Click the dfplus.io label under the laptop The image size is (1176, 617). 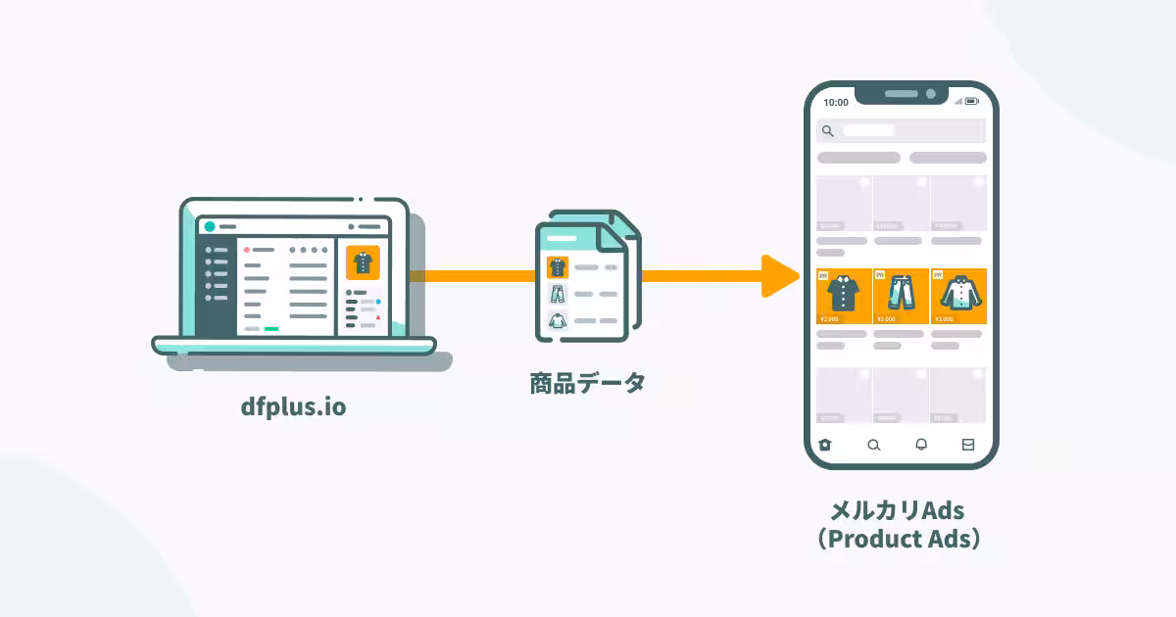click(x=293, y=405)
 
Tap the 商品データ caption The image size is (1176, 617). click(x=588, y=383)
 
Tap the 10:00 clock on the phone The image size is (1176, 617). click(x=836, y=102)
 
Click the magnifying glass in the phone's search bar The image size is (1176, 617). click(x=828, y=130)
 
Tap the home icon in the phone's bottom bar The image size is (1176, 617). click(x=825, y=445)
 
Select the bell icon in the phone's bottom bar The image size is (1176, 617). click(x=921, y=445)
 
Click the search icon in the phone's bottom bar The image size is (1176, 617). click(x=874, y=445)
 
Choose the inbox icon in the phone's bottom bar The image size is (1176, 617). click(x=968, y=445)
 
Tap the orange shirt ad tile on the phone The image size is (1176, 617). click(x=844, y=296)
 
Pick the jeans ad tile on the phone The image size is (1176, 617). click(x=901, y=296)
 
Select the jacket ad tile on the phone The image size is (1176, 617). click(x=957, y=296)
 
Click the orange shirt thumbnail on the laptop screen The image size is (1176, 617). click(x=363, y=262)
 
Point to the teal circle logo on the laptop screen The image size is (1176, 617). click(x=210, y=226)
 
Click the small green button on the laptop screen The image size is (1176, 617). click(x=271, y=329)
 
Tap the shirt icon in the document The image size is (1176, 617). click(x=558, y=266)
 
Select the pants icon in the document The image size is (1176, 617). click(x=558, y=293)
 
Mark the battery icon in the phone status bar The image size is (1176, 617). click(x=971, y=101)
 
